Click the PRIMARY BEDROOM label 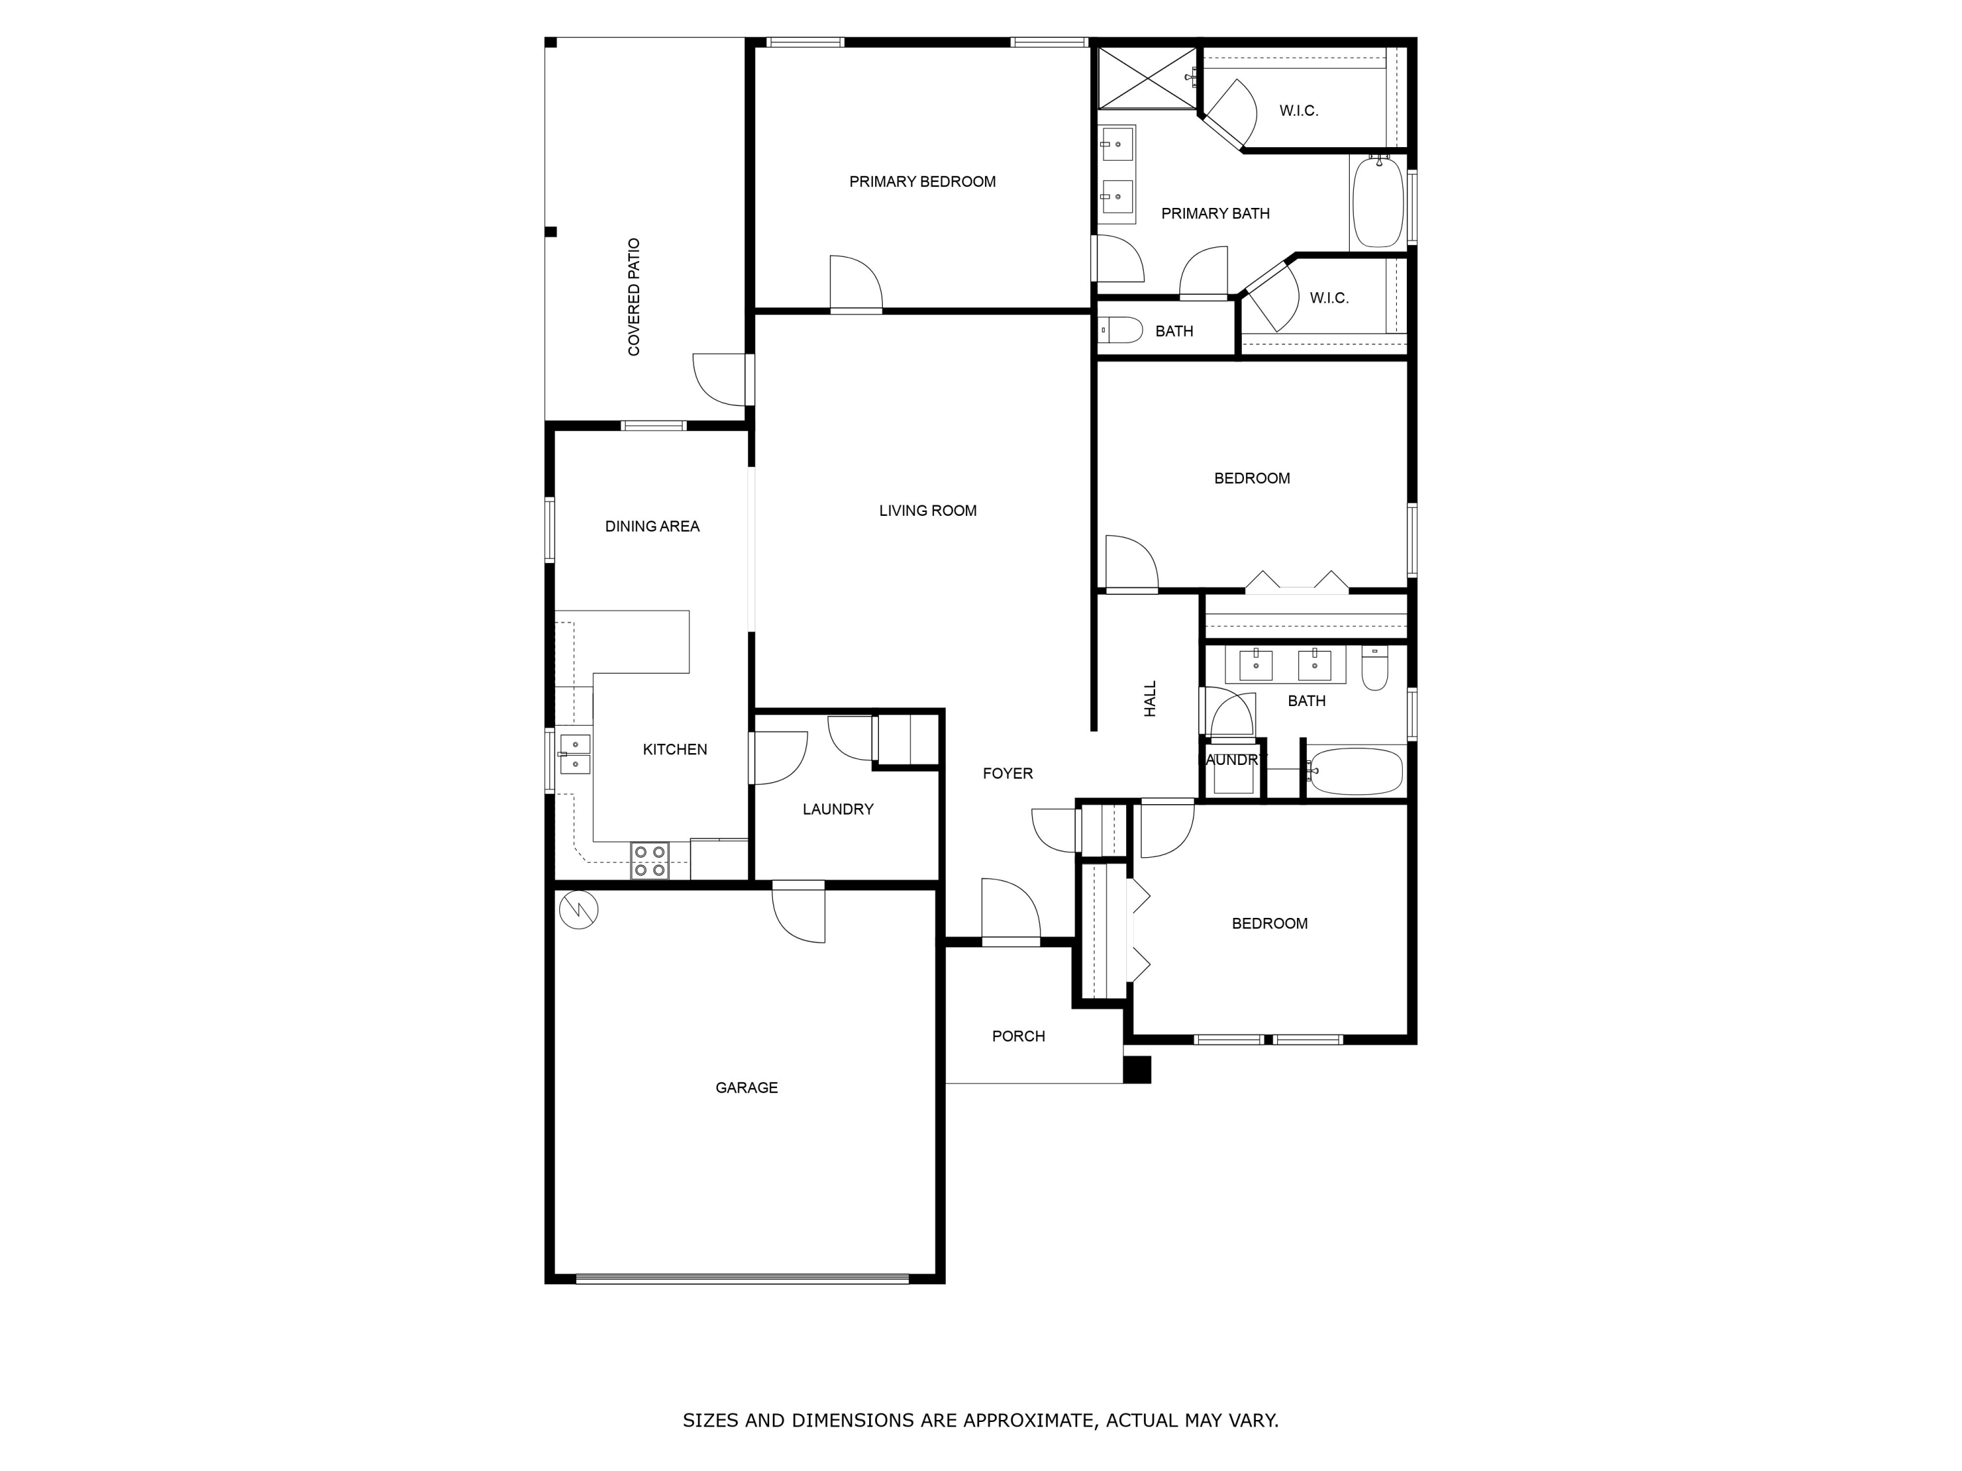click(x=921, y=182)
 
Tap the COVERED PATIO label click(x=633, y=297)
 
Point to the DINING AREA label click(x=652, y=527)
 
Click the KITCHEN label click(x=674, y=750)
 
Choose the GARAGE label click(x=746, y=1088)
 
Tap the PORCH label click(x=1018, y=1036)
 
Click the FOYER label click(x=1008, y=774)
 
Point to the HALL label click(x=1150, y=699)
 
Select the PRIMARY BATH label click(x=1215, y=214)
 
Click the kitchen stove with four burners click(x=649, y=861)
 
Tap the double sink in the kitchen click(x=575, y=754)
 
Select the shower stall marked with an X click(x=1147, y=78)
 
